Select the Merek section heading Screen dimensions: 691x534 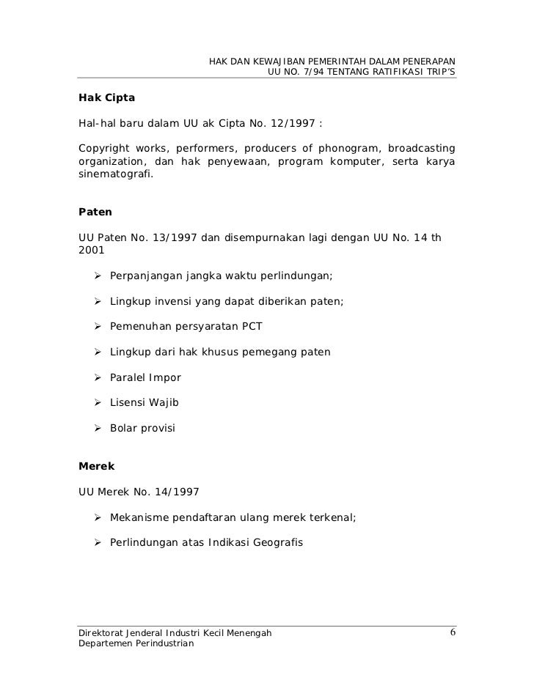click(x=96, y=465)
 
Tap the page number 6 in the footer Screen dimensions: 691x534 click(x=453, y=632)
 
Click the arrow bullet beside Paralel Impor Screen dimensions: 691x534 click(x=97, y=377)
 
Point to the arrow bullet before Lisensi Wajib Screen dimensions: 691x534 click(x=97, y=402)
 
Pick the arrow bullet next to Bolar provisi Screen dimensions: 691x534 click(x=97, y=428)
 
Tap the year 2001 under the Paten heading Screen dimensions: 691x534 click(x=92, y=249)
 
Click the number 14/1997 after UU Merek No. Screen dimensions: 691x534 click(x=175, y=491)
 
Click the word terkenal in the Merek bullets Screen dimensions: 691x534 click(x=332, y=517)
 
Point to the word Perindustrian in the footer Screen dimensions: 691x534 click(x=161, y=643)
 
